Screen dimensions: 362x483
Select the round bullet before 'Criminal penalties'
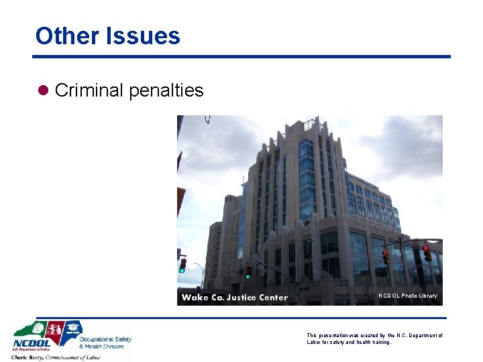[44, 90]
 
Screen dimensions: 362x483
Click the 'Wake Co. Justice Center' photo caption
[234, 297]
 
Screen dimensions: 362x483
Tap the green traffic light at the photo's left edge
[182, 265]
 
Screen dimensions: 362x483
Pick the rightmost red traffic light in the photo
[427, 253]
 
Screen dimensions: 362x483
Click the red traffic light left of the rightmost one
[385, 256]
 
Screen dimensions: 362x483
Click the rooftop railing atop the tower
[309, 124]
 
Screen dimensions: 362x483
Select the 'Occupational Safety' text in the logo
[105, 339]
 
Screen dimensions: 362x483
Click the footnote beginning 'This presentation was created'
[374, 339]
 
